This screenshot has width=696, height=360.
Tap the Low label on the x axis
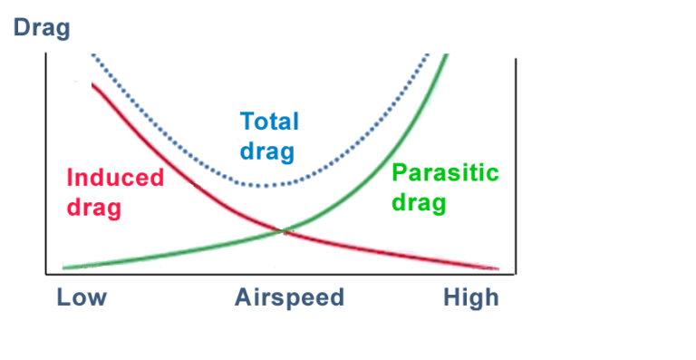(82, 297)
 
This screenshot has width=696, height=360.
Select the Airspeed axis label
(290, 297)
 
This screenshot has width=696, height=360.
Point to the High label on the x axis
(471, 297)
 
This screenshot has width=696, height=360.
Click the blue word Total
(269, 122)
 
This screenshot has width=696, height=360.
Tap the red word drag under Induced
(93, 207)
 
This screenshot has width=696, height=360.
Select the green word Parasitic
(445, 172)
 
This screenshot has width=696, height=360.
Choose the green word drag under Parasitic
(419, 202)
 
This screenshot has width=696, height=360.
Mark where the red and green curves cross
(285, 232)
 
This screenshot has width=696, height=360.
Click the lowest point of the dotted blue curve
(263, 186)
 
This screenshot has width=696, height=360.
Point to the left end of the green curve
(63, 268)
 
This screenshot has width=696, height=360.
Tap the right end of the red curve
(498, 268)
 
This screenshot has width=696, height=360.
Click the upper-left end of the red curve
(92, 84)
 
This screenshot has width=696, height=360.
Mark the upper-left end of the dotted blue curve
(92, 55)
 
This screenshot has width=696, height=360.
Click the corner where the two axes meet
(46, 273)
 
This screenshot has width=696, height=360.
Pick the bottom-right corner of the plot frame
(516, 273)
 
